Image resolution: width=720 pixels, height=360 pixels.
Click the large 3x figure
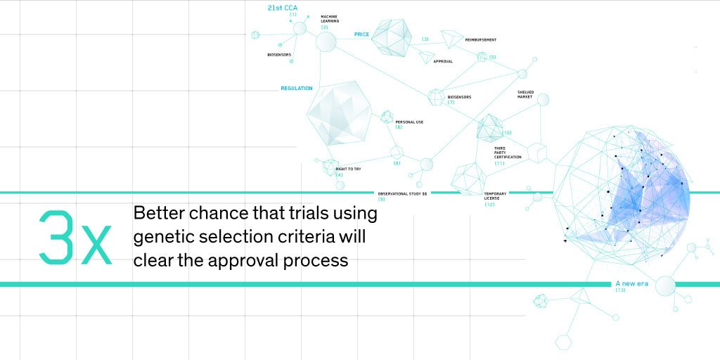(x=76, y=237)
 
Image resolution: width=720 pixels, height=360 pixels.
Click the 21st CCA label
(x=283, y=8)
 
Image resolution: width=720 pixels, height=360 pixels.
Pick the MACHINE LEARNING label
(x=329, y=18)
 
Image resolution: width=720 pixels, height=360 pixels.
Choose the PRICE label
(x=361, y=34)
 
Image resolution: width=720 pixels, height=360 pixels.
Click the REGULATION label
(x=297, y=89)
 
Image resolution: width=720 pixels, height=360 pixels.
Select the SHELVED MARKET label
(x=525, y=94)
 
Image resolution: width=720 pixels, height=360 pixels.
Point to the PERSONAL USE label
(x=409, y=122)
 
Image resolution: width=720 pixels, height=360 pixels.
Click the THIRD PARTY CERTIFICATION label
(x=508, y=153)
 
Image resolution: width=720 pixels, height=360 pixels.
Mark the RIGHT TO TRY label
(x=349, y=169)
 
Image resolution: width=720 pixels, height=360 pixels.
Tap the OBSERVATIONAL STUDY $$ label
(x=402, y=193)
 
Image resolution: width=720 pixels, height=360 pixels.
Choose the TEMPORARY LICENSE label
(x=495, y=196)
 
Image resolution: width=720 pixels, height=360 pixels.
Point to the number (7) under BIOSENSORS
(x=451, y=103)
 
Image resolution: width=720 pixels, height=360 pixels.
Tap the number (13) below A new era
(x=620, y=290)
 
